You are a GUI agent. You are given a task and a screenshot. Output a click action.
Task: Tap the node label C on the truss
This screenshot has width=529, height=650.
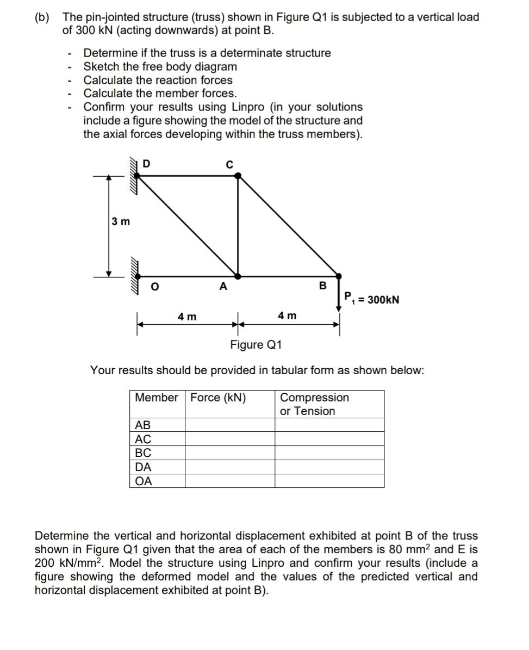click(229, 164)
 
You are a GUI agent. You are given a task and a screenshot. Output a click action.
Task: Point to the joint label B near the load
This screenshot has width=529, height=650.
click(322, 285)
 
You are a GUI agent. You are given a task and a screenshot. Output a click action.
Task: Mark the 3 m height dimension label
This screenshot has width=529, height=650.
click(120, 221)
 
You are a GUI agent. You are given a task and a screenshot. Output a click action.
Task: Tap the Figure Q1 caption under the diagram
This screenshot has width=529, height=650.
click(256, 345)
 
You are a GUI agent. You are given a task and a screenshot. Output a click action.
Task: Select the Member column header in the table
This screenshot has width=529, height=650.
click(157, 398)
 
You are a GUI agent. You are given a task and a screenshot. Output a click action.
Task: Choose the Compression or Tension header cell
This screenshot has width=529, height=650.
click(314, 404)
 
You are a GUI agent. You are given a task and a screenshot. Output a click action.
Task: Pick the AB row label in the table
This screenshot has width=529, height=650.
click(142, 425)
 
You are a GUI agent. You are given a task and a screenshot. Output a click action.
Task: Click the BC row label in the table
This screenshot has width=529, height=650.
click(142, 453)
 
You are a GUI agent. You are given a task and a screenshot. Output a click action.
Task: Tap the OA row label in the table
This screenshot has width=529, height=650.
click(144, 481)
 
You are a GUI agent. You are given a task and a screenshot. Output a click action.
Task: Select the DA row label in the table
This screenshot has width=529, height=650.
click(143, 467)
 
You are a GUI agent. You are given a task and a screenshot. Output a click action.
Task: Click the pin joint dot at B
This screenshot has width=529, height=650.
click(338, 276)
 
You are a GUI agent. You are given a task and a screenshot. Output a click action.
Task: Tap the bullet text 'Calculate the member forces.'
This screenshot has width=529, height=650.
click(160, 93)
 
